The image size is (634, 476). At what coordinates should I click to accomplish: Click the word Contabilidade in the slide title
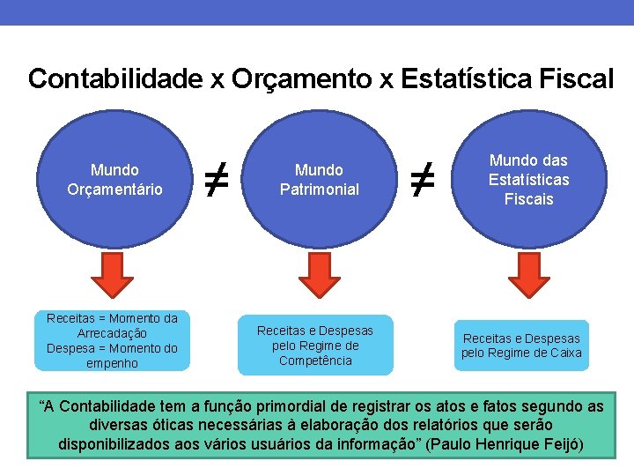[x=115, y=78]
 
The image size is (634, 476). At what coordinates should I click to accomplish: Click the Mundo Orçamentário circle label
[x=114, y=179]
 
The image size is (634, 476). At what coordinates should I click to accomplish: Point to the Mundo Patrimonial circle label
[x=319, y=179]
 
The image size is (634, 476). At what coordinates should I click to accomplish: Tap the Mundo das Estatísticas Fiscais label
[x=528, y=179]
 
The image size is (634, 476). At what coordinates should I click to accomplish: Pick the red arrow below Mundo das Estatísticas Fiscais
[x=528, y=275]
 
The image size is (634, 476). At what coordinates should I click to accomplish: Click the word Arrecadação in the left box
[x=112, y=333]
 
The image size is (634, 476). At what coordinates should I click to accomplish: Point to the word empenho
[x=112, y=363]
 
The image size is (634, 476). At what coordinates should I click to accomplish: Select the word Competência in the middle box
[x=315, y=361]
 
